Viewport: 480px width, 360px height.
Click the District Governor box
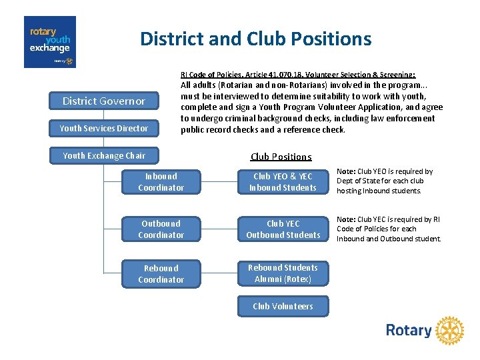(x=103, y=101)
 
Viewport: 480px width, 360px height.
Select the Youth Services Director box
(x=103, y=128)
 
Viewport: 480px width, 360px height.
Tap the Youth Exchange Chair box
(x=103, y=155)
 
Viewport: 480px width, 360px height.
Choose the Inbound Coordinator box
(x=161, y=182)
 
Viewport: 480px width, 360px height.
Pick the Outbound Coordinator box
(x=161, y=229)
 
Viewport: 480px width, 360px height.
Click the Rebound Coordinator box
(x=161, y=274)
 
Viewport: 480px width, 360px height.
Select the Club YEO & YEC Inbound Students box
(x=283, y=182)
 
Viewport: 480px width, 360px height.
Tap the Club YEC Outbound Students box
(x=283, y=229)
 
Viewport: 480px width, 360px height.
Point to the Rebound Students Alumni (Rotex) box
(x=283, y=273)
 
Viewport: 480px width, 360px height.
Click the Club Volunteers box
(x=283, y=306)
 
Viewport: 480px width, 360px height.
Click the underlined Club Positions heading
(x=281, y=157)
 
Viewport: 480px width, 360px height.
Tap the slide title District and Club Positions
(x=255, y=39)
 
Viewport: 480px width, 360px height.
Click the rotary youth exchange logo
(x=50, y=42)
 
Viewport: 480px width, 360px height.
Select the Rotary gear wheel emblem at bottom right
(x=450, y=331)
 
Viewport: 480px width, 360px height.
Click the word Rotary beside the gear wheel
(x=409, y=331)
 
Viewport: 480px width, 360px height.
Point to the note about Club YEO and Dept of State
(x=385, y=181)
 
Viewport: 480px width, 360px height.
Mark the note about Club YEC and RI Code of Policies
(x=388, y=229)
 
